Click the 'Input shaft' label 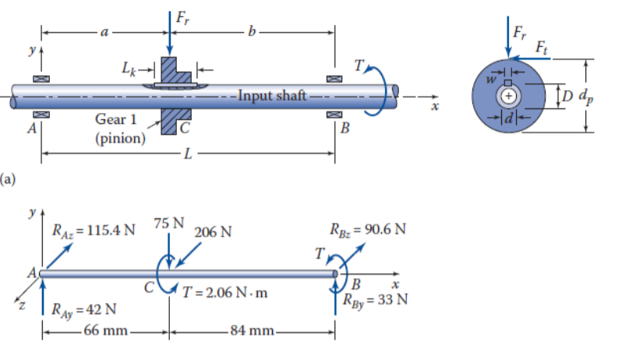tap(272, 97)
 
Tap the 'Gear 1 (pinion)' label tap(120, 129)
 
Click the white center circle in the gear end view tap(507, 95)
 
